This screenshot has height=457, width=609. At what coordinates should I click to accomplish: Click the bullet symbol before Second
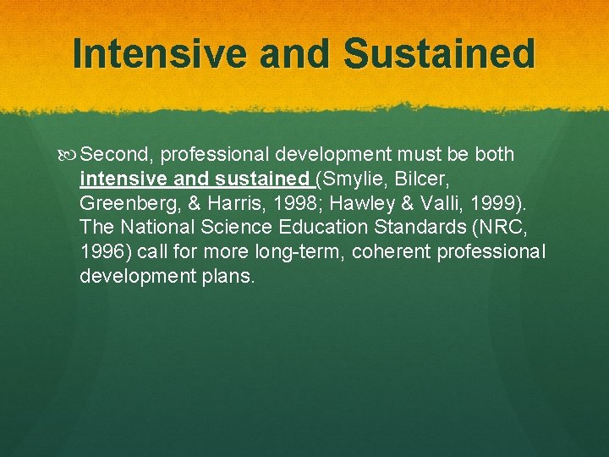coord(70,155)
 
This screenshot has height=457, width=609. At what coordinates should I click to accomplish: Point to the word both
coord(488,155)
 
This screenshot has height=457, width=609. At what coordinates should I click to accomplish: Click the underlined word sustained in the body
coord(262,179)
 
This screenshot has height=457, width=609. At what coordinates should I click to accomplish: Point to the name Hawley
coord(365,204)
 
